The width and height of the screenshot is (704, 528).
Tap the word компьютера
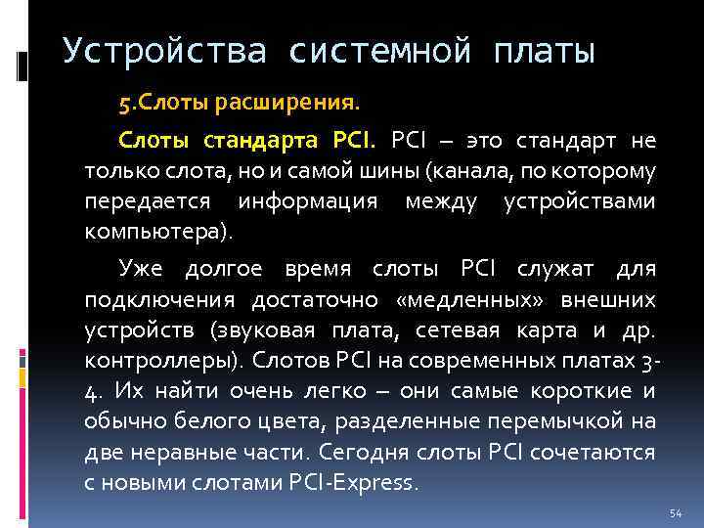(156, 234)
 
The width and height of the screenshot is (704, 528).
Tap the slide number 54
(675, 513)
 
